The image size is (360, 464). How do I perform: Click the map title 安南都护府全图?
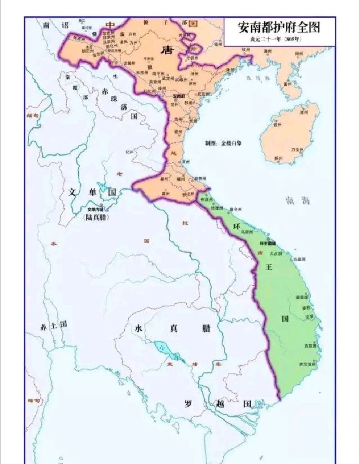pos(279,27)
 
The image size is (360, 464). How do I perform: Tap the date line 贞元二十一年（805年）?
pos(279,39)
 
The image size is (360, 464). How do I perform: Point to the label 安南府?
pos(179,96)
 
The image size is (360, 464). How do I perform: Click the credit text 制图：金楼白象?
pos(223,143)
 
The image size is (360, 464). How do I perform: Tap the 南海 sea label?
pos(297,201)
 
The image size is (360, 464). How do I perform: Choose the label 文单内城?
pos(95,209)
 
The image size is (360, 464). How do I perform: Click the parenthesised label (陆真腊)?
pos(96,217)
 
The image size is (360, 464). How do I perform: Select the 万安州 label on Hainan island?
pos(297,149)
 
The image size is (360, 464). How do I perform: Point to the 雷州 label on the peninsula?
pos(288,83)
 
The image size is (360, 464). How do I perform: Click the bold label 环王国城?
pos(268,244)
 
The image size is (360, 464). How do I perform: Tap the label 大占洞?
pos(276,254)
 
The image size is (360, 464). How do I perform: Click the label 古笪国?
pos(310,345)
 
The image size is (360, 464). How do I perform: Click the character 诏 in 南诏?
pos(65,25)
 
